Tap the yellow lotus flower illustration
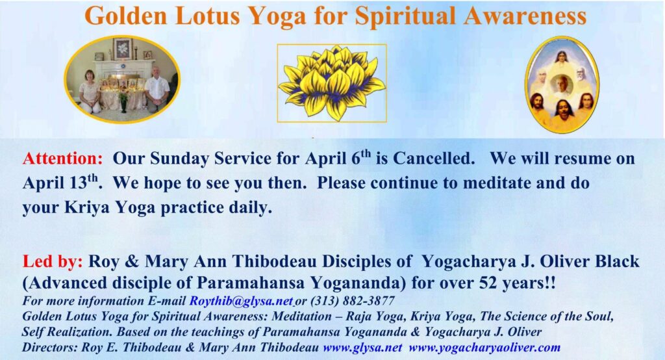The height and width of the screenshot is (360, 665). point(332,83)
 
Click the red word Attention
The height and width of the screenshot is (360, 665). point(63,159)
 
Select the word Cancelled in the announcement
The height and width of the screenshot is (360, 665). point(434,159)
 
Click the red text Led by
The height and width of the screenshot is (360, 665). point(53,261)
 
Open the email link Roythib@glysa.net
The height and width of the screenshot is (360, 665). point(241,301)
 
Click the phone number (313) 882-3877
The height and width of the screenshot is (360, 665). point(353,301)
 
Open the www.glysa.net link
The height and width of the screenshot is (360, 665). point(362,347)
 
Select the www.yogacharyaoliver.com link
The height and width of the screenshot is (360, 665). point(484,347)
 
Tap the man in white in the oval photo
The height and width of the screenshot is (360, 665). point(157,89)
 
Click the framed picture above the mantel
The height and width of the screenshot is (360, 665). point(123,49)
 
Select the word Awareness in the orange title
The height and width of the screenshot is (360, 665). point(525,16)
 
